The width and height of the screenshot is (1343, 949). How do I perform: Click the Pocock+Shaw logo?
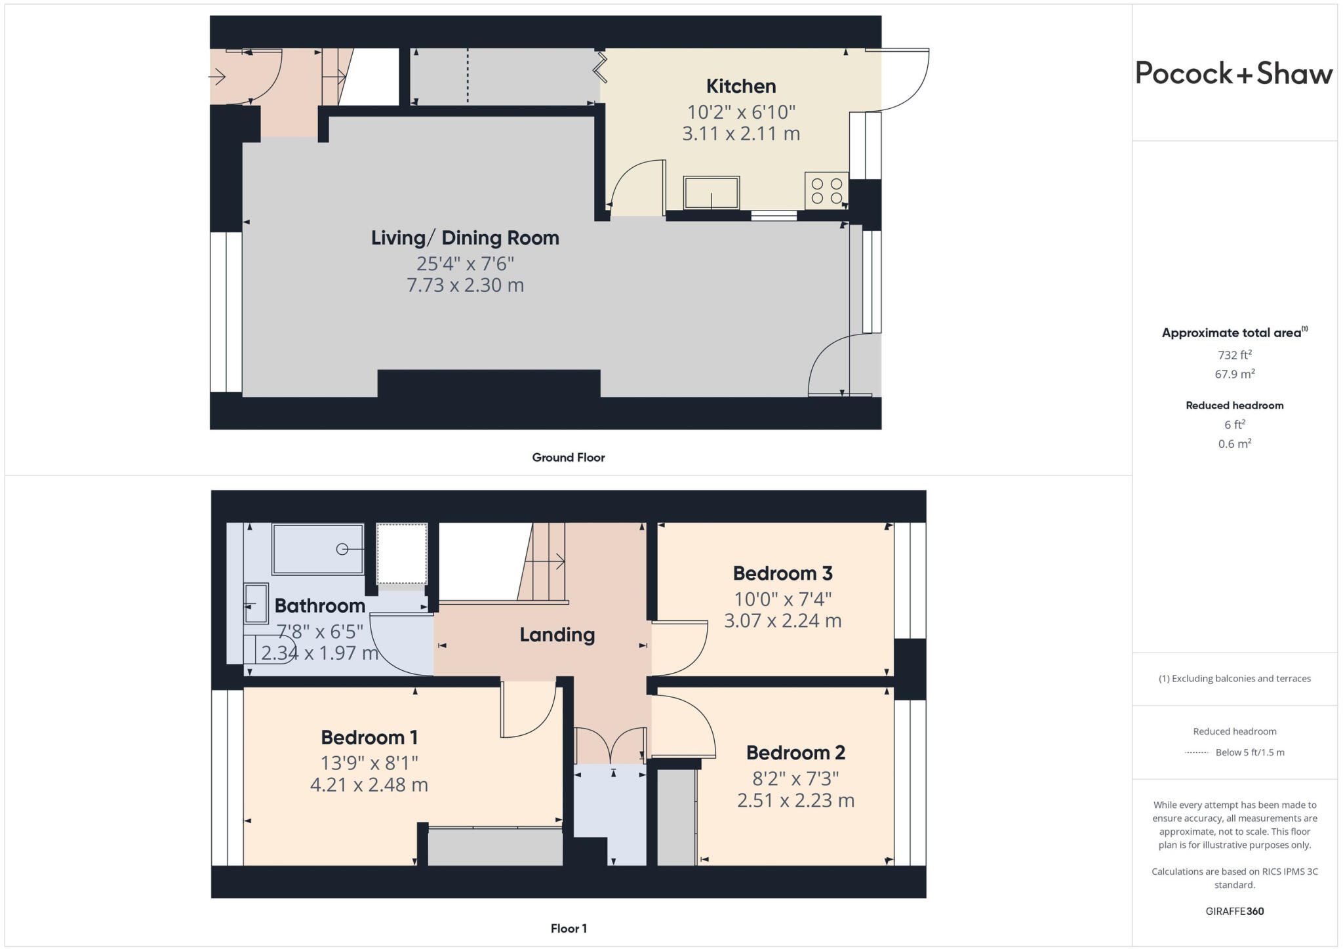coord(1233,73)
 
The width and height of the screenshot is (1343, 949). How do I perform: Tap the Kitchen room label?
coord(741,87)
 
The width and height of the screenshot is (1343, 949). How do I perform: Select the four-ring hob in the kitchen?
coord(826,191)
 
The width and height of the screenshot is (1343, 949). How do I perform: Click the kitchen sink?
coord(712,193)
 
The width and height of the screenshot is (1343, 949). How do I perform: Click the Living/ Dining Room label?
coord(465,238)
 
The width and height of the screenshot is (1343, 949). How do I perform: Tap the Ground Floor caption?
coord(568,458)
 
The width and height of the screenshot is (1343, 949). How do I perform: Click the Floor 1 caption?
coord(568,929)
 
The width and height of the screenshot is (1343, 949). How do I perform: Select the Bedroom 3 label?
coord(782,574)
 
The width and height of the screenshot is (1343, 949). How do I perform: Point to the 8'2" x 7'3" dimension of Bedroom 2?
coord(795,779)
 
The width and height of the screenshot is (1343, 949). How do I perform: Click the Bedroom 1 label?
coord(369,738)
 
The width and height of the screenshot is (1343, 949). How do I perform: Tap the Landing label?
coord(557,635)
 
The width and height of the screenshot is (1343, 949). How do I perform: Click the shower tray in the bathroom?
coord(318,549)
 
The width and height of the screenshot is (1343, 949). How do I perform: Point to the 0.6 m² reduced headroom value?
coord(1234,444)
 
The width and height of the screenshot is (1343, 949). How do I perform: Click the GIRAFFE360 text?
coord(1234,911)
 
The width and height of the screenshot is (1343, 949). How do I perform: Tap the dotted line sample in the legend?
coord(1196,753)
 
